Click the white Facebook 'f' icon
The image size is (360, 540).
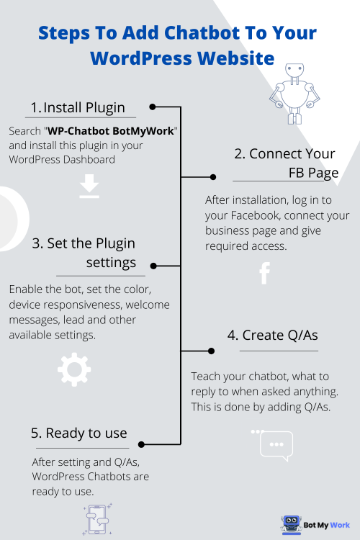pos(264,274)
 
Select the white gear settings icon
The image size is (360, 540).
pos(73,369)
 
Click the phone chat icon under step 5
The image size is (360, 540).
pos(95,518)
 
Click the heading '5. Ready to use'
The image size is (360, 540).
pos(79,433)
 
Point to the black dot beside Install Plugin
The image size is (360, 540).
pos(152,107)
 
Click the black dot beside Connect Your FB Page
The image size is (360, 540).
pos(212,176)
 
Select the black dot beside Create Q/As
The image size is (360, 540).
pos(211,351)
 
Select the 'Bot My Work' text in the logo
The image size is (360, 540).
pos(326,524)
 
